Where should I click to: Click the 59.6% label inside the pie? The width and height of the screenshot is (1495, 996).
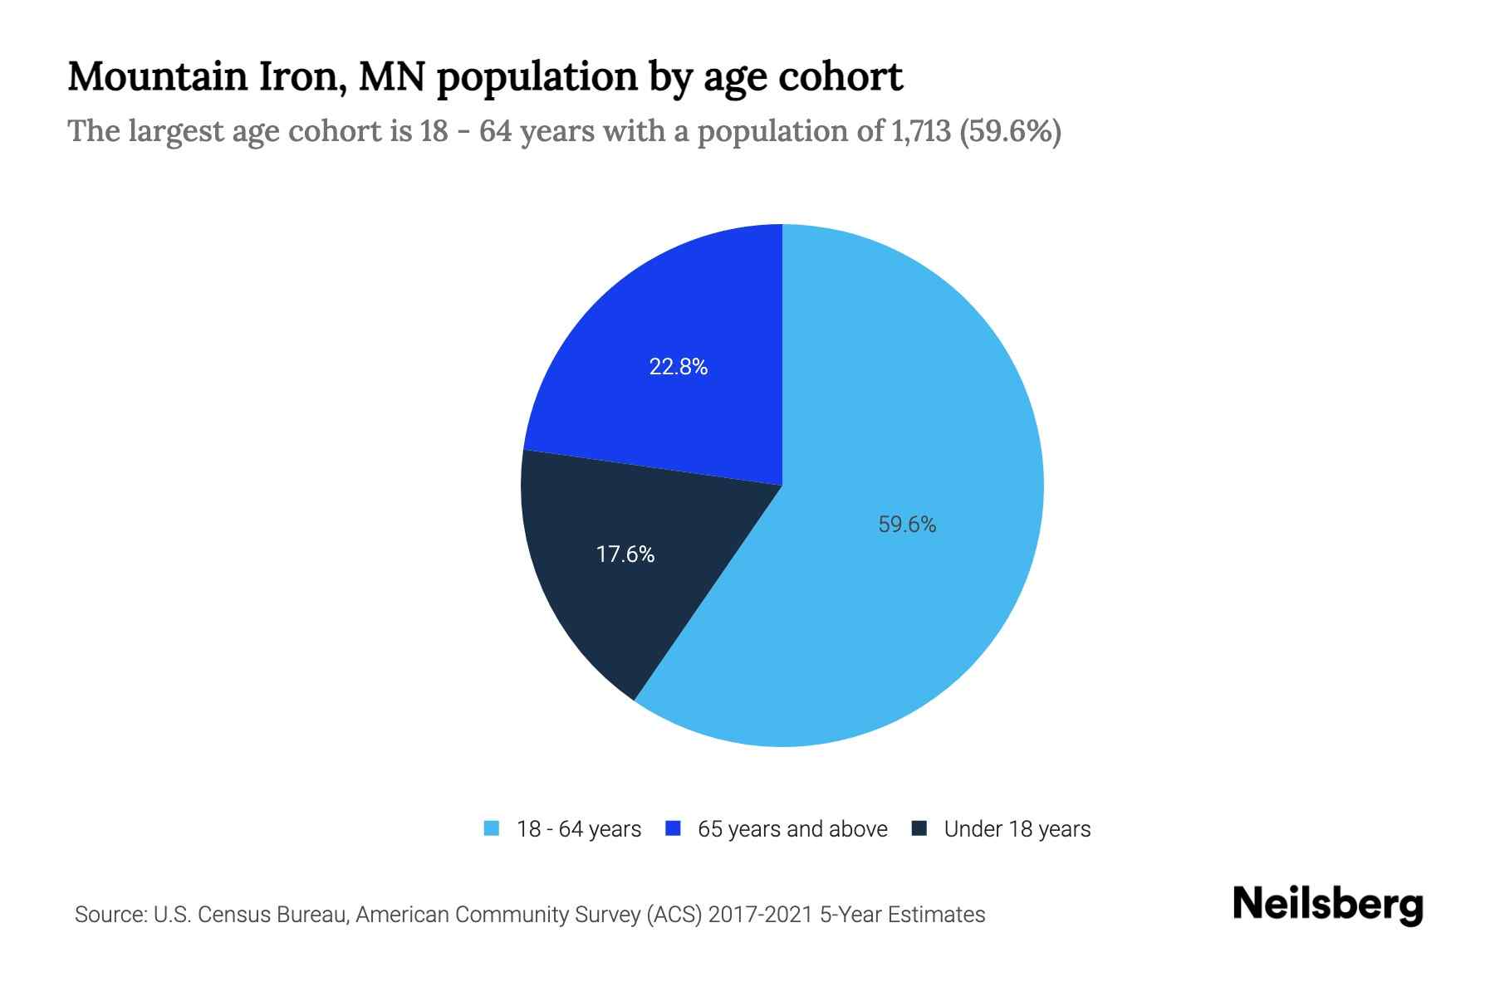[907, 525]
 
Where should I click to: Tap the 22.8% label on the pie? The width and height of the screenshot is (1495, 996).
[679, 367]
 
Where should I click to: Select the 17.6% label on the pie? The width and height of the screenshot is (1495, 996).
[625, 554]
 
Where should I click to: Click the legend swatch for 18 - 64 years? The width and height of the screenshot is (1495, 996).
[492, 828]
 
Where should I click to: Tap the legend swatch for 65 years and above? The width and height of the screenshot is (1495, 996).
[673, 828]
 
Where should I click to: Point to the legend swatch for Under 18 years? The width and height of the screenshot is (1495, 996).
[919, 828]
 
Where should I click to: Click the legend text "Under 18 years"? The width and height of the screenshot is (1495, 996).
[1017, 829]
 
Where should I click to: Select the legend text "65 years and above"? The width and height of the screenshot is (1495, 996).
[792, 829]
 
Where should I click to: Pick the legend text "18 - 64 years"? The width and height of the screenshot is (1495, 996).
[579, 829]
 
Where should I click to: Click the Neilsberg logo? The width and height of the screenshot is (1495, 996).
[1328, 905]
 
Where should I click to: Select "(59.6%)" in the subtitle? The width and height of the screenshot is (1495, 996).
[1010, 131]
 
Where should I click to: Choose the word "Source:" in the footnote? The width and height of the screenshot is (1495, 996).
[110, 915]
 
